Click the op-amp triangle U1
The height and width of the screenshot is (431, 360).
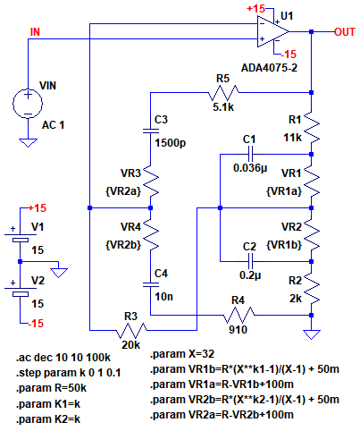coord(272,31)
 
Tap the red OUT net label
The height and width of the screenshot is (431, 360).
coord(345,32)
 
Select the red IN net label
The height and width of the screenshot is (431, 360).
coord(35,32)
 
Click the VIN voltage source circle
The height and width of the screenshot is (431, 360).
coord(28,104)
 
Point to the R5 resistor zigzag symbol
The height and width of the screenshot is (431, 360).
coord(223,93)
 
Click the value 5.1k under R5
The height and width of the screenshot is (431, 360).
coord(223,107)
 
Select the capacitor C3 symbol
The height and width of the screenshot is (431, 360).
coord(151,131)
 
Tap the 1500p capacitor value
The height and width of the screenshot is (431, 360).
coord(171,143)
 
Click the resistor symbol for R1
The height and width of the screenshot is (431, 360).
coord(312,127)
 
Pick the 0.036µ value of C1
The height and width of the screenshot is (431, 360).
coord(250,168)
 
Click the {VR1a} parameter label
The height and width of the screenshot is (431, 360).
coord(284,191)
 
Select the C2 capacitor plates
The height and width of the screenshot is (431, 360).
coord(250,261)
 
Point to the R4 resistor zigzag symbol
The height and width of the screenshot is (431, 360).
coord(239,315)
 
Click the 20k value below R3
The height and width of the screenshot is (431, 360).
coord(130,345)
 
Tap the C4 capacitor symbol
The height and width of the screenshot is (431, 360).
coord(151,284)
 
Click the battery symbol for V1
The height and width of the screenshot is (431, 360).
coord(21,238)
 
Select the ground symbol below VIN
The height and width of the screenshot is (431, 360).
coord(28,143)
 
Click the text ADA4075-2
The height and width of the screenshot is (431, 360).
coord(269,68)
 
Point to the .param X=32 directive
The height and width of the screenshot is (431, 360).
coord(182,354)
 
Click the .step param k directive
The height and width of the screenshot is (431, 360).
coord(68,373)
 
